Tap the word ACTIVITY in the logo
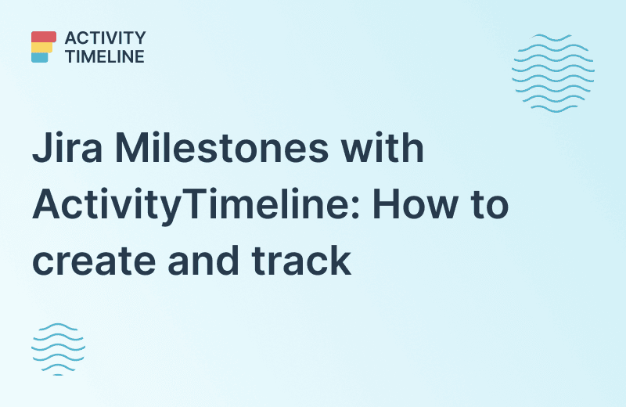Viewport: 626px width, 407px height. point(106,38)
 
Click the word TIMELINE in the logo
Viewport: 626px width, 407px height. point(105,56)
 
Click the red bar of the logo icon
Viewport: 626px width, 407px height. point(44,37)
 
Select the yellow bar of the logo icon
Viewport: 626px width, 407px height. point(41,47)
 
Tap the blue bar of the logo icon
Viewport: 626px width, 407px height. point(40,56)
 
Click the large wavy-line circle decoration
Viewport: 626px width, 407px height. point(552,73)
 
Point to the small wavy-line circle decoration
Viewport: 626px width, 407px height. point(58,348)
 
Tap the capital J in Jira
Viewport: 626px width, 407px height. point(40,148)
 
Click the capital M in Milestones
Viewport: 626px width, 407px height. point(129,148)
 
